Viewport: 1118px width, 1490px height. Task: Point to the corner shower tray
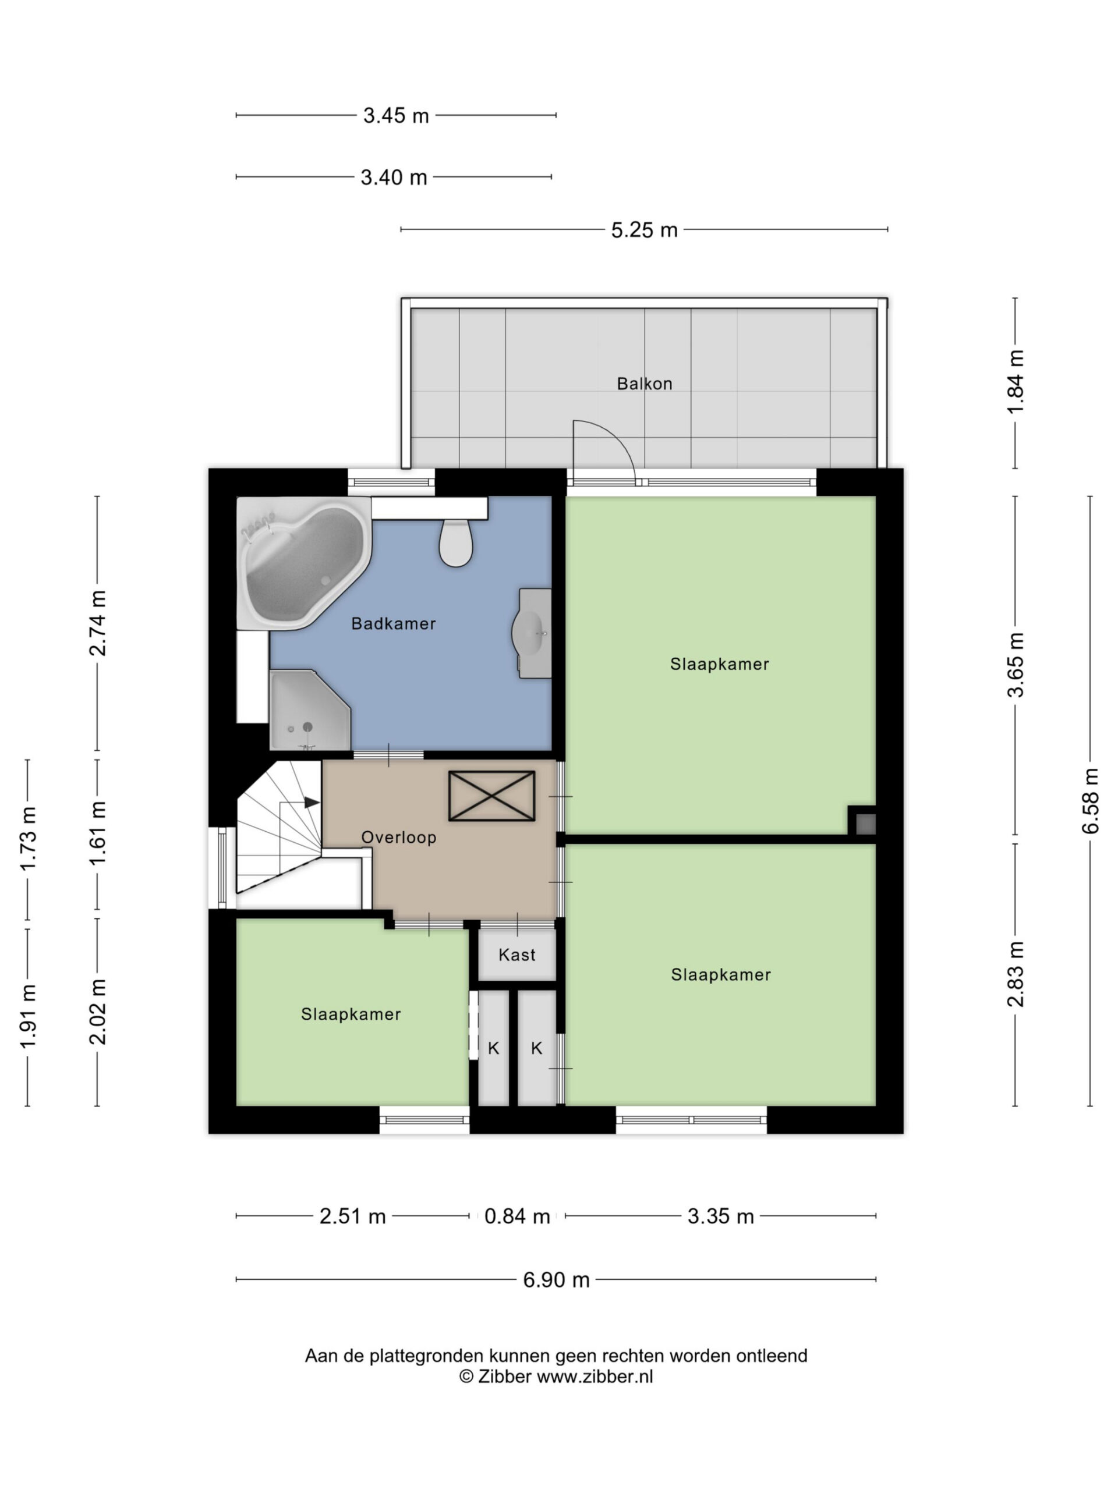click(309, 709)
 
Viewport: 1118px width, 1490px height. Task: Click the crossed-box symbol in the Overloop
click(491, 796)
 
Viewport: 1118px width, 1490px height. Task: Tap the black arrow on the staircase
click(312, 802)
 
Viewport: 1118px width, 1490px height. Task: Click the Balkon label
click(644, 384)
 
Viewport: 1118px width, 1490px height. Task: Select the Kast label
click(517, 955)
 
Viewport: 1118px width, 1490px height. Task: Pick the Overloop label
click(399, 838)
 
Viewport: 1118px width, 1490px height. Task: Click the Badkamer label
click(394, 624)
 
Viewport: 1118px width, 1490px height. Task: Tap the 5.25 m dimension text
click(644, 230)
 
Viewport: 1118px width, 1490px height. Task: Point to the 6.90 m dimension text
click(557, 1280)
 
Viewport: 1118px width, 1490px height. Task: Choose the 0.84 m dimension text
click(518, 1216)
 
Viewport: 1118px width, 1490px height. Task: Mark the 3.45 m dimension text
click(397, 116)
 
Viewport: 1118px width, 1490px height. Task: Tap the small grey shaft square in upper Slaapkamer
click(866, 823)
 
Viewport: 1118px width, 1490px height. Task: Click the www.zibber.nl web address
click(595, 1376)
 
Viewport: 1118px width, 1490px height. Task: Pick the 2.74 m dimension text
click(98, 623)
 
